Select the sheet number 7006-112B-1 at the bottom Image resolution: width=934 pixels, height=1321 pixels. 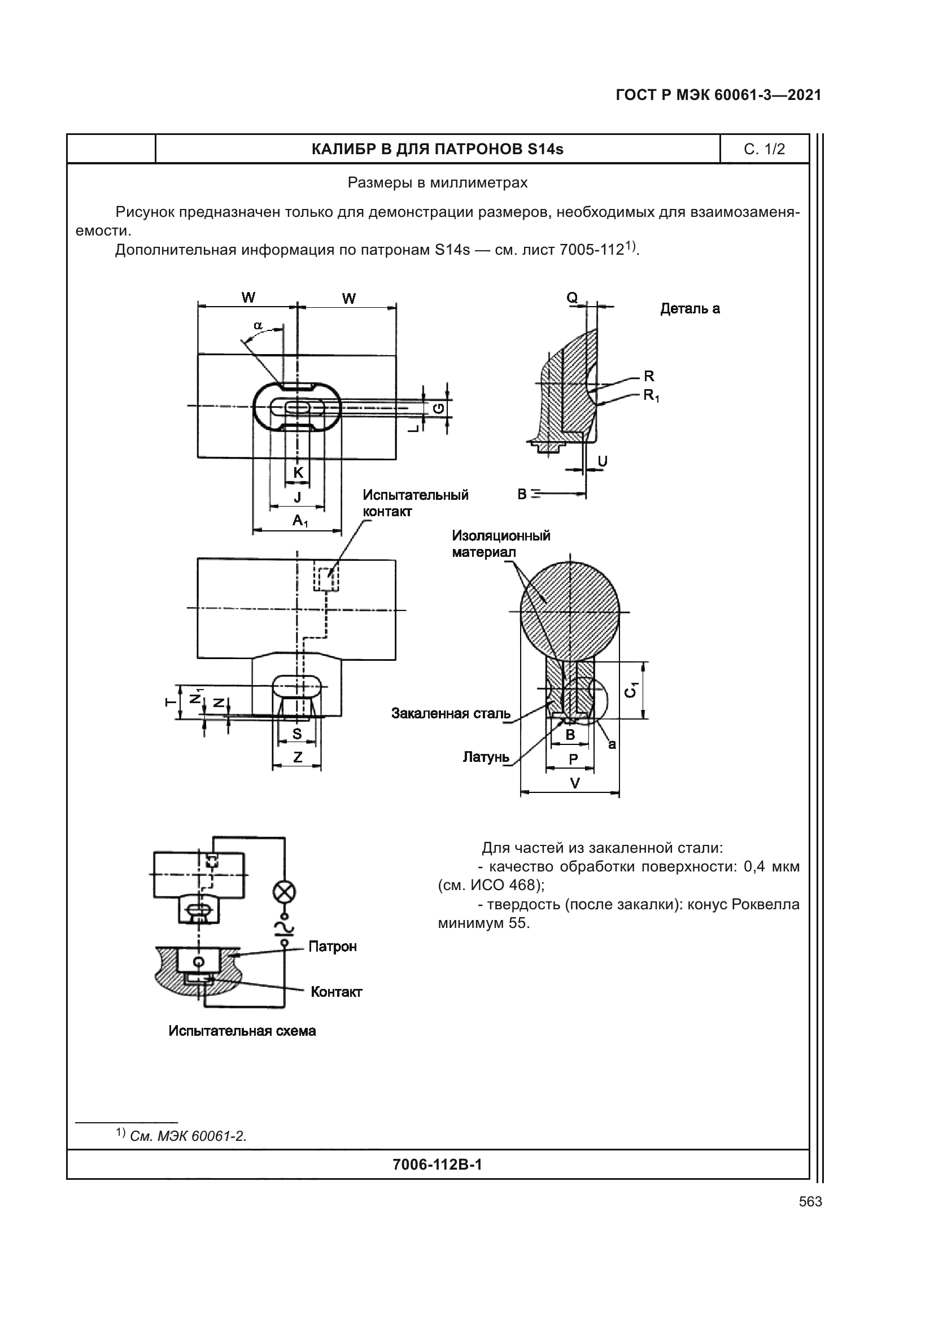point(437,1165)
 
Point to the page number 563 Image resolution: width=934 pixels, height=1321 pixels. point(810,1202)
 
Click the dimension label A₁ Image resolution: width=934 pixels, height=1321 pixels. point(300,521)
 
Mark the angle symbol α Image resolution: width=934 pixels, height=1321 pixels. point(258,326)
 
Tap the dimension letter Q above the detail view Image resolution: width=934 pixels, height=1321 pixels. point(571,298)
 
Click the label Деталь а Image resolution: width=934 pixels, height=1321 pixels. point(689,309)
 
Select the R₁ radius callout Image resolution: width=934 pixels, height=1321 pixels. point(651,395)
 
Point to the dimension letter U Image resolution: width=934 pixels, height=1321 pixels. point(603,461)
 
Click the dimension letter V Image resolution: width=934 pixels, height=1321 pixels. point(574,783)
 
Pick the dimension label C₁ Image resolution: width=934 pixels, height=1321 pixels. point(631,690)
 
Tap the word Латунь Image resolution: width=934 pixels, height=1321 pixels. point(486,757)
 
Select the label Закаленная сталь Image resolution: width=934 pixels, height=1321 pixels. point(451,714)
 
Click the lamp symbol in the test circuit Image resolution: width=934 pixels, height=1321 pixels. point(283,892)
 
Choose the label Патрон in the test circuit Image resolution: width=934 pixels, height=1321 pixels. point(333,947)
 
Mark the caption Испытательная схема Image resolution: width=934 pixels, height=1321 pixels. point(242,1031)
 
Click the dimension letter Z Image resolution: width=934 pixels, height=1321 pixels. point(298,758)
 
